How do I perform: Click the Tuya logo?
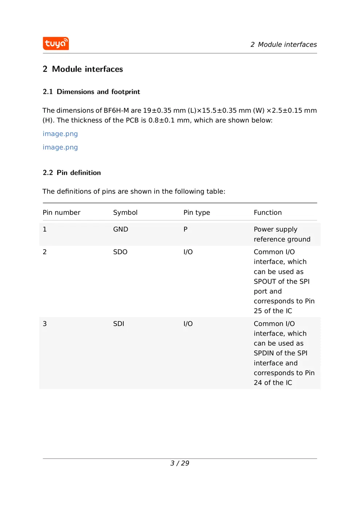point(56,44)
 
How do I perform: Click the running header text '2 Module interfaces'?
point(283,45)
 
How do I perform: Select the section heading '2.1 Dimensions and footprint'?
point(91,92)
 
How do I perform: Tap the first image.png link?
point(60,134)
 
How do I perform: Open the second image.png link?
point(60,147)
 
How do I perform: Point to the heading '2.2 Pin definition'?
point(72,173)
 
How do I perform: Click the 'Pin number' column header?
point(61,213)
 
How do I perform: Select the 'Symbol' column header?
point(125,213)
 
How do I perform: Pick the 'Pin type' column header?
point(196,213)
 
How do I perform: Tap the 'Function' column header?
point(268,213)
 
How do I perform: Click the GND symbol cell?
point(120,229)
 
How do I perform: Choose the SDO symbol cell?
point(120,252)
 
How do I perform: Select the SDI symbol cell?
point(119,324)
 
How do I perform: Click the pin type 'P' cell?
point(185,229)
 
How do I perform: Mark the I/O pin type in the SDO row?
point(188,252)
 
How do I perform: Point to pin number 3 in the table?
point(45,324)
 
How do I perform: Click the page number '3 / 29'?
point(180,463)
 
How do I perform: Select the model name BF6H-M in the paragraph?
point(116,111)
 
